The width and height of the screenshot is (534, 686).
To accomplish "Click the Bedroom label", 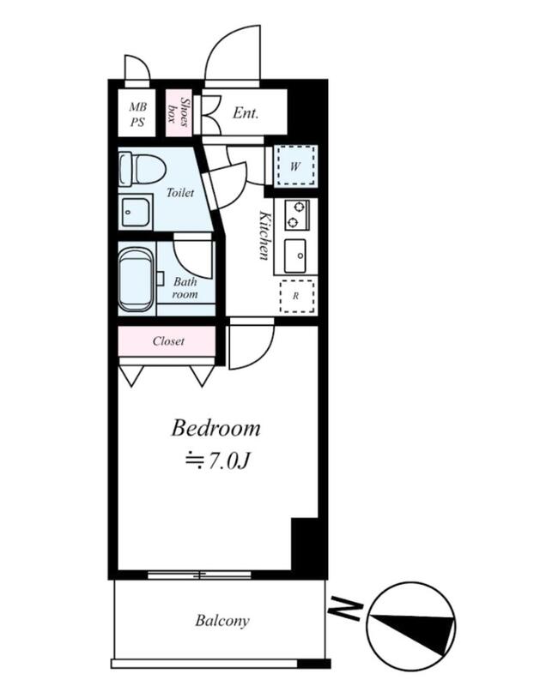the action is [x=215, y=428].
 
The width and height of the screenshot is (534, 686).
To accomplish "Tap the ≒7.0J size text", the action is [x=217, y=460].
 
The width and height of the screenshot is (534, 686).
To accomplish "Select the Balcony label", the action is [x=222, y=620].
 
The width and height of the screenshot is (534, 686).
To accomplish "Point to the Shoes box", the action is [x=179, y=112].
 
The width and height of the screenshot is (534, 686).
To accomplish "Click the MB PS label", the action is [x=137, y=114].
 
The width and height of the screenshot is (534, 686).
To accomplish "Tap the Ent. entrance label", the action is [x=246, y=113].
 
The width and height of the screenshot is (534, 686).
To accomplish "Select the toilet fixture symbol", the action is [x=142, y=169].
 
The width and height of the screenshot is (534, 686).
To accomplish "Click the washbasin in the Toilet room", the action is [x=136, y=212].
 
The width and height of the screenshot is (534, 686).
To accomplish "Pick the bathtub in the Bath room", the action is [x=137, y=280].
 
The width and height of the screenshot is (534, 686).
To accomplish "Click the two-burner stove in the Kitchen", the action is [x=296, y=215].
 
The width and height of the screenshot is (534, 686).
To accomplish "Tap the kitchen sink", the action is [x=295, y=256].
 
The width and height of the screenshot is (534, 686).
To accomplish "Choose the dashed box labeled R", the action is [x=297, y=296].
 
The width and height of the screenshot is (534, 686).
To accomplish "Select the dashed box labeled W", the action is [x=296, y=165].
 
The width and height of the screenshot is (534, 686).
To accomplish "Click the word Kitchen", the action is [x=264, y=235].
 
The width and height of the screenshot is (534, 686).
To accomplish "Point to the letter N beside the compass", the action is [x=346, y=607].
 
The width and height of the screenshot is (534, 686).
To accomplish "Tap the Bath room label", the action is [x=185, y=288].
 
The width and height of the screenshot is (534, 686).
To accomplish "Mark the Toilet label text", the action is [x=180, y=192].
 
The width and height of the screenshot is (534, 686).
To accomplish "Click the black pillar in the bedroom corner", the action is [x=305, y=544].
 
